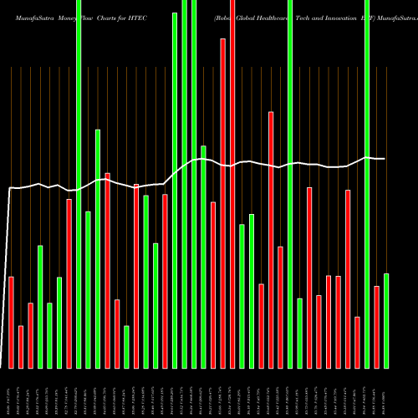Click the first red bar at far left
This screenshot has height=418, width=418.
pyautogui.click(x=11, y=322)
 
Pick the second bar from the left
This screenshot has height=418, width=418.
pyautogui.click(x=21, y=346)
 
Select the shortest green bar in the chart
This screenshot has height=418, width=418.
pyautogui.click(x=127, y=346)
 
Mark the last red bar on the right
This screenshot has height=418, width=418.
pyautogui.click(x=377, y=326)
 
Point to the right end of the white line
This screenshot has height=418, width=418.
pyautogui.click(x=385, y=159)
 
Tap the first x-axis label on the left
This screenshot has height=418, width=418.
pyautogui.click(x=11, y=393)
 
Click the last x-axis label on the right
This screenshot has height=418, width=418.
pyautogui.click(x=386, y=393)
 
